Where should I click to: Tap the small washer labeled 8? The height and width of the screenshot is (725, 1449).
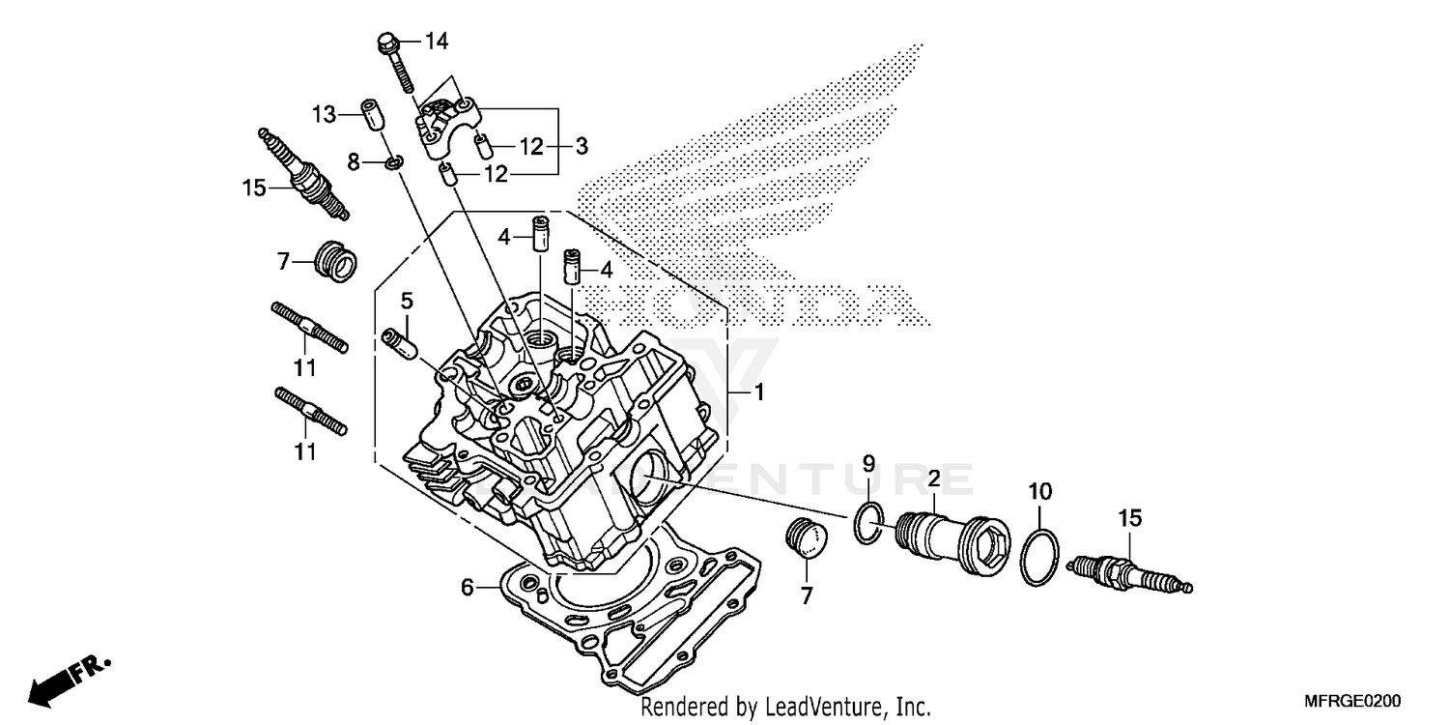coord(393,161)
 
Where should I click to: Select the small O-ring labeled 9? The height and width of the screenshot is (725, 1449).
coord(867,523)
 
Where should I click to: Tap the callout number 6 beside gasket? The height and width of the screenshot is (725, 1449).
coord(467,587)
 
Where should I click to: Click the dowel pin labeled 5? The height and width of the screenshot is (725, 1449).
coord(399,342)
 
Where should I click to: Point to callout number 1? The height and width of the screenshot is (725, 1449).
coord(758,393)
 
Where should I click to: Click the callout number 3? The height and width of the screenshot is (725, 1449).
coord(581,147)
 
